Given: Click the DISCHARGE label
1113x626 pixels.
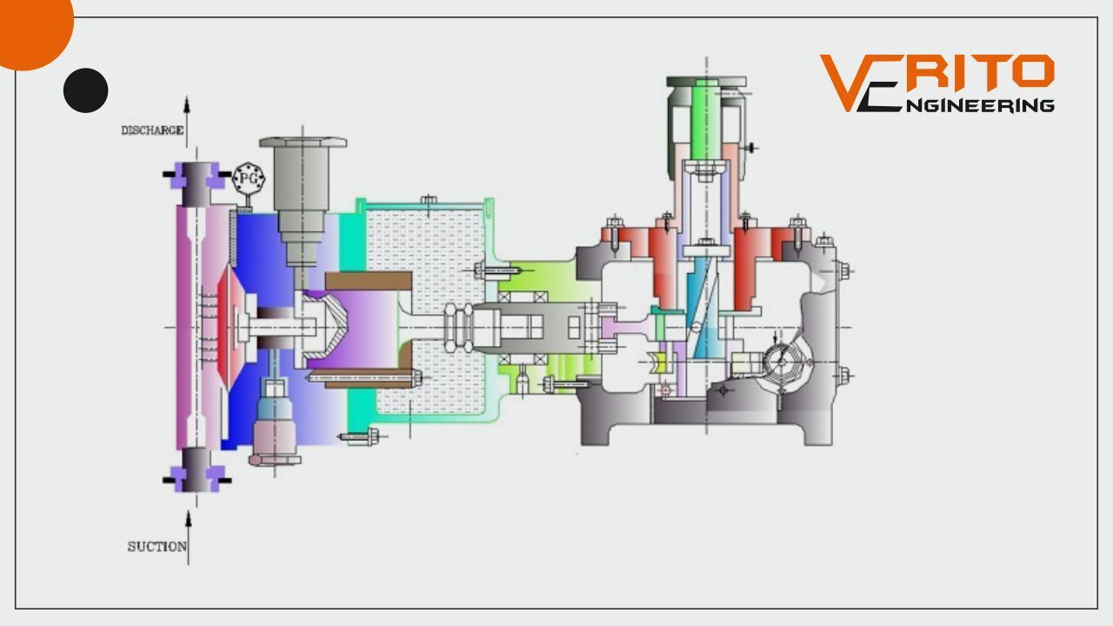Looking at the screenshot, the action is (x=152, y=130).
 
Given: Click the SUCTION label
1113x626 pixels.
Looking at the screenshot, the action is (x=157, y=547).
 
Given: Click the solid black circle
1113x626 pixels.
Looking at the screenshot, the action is (x=85, y=90).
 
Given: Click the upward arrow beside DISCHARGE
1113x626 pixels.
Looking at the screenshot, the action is (x=187, y=122).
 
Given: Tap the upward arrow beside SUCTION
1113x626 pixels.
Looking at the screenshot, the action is (x=188, y=538).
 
